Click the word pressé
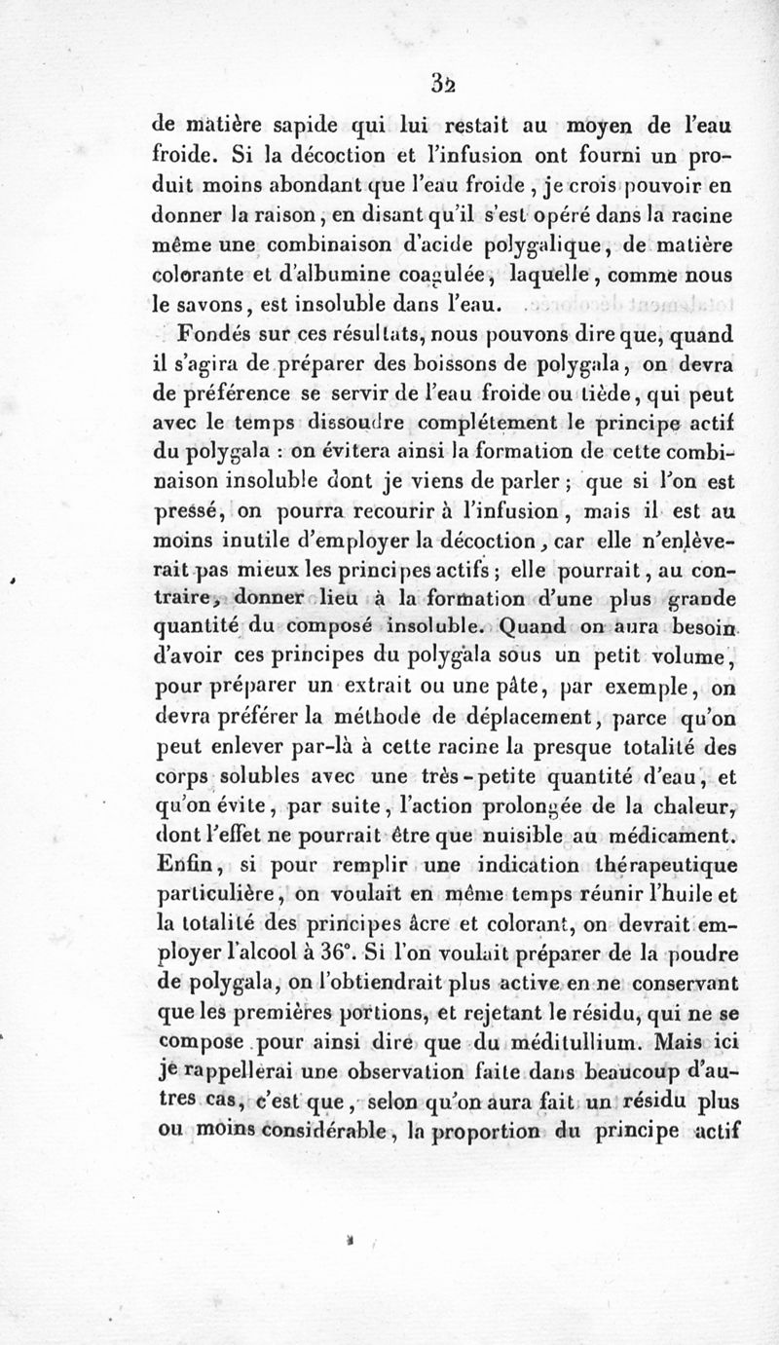pos(190,510)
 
